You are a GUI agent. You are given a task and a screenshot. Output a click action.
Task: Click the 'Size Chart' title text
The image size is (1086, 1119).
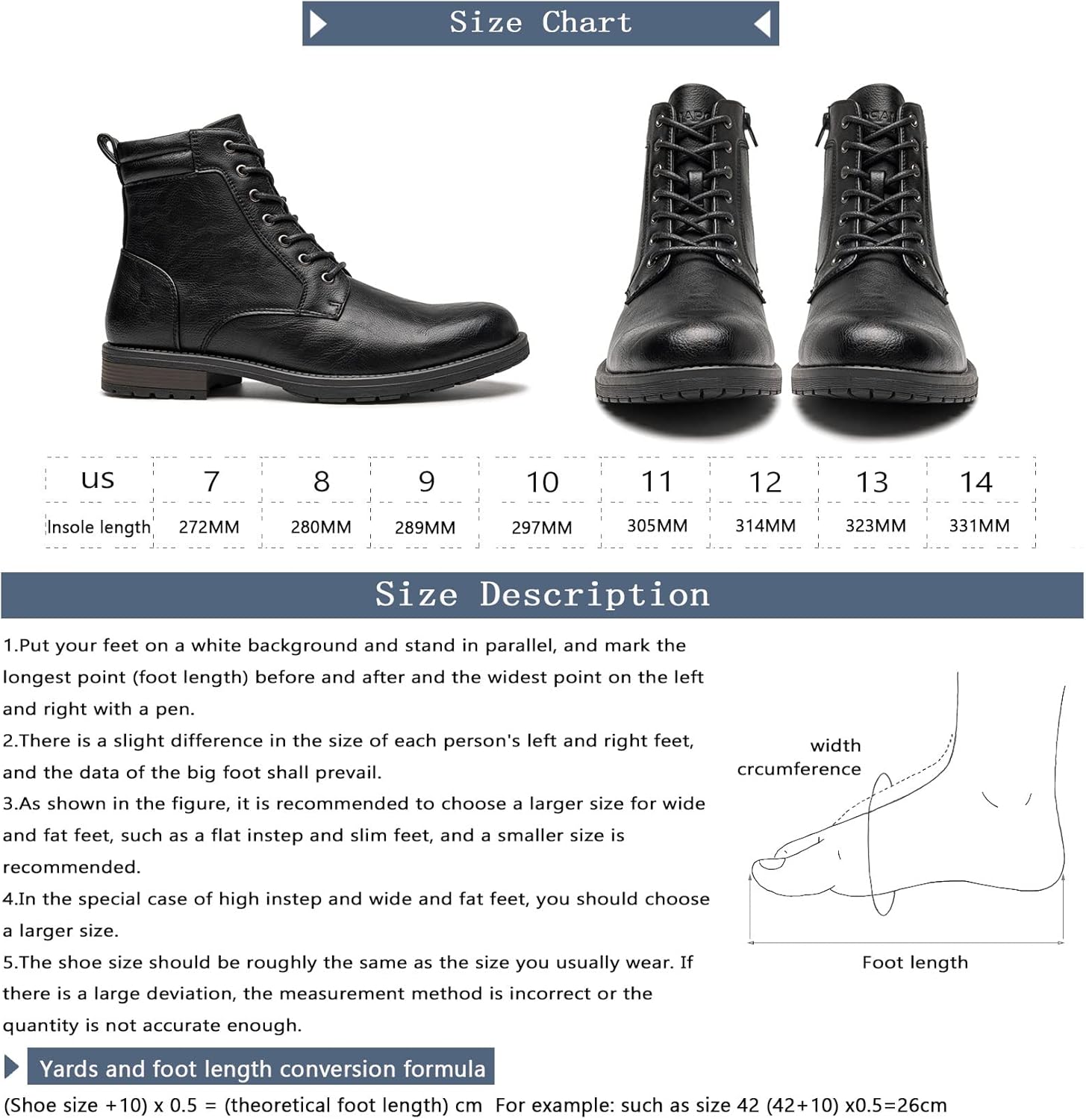pos(540,22)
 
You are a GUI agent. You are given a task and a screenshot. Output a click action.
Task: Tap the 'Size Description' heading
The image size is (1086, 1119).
pos(542,595)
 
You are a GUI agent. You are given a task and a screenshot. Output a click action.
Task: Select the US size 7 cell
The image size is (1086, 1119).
pos(211,481)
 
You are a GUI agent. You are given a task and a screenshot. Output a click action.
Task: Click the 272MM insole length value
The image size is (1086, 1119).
pos(209,527)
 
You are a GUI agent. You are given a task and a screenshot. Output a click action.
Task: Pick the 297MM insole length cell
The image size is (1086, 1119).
pos(542,527)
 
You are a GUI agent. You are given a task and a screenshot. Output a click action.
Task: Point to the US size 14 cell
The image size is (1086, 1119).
pos(976,482)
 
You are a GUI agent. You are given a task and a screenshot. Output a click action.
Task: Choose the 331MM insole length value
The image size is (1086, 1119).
pos(979,526)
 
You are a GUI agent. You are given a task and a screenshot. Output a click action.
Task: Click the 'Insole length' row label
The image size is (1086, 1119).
pos(99,527)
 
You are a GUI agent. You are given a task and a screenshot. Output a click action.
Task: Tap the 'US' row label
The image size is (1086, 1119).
pos(98,480)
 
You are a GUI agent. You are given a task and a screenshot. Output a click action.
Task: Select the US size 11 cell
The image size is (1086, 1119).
pos(657,481)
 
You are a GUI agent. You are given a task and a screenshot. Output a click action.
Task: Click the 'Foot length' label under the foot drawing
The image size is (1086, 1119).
pos(915,962)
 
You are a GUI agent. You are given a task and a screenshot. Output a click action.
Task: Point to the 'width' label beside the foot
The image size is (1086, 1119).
pos(835,745)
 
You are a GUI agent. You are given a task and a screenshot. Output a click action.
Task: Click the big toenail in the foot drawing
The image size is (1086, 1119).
pos(769,863)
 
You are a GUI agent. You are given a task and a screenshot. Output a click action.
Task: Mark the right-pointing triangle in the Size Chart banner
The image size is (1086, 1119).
pos(319,24)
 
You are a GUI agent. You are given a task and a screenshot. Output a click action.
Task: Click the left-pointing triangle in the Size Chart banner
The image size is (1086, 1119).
pos(762,24)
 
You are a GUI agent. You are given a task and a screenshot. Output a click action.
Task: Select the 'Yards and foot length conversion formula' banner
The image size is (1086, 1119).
pos(260,1067)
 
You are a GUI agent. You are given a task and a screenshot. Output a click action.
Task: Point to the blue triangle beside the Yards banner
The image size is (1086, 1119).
pos(11,1067)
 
